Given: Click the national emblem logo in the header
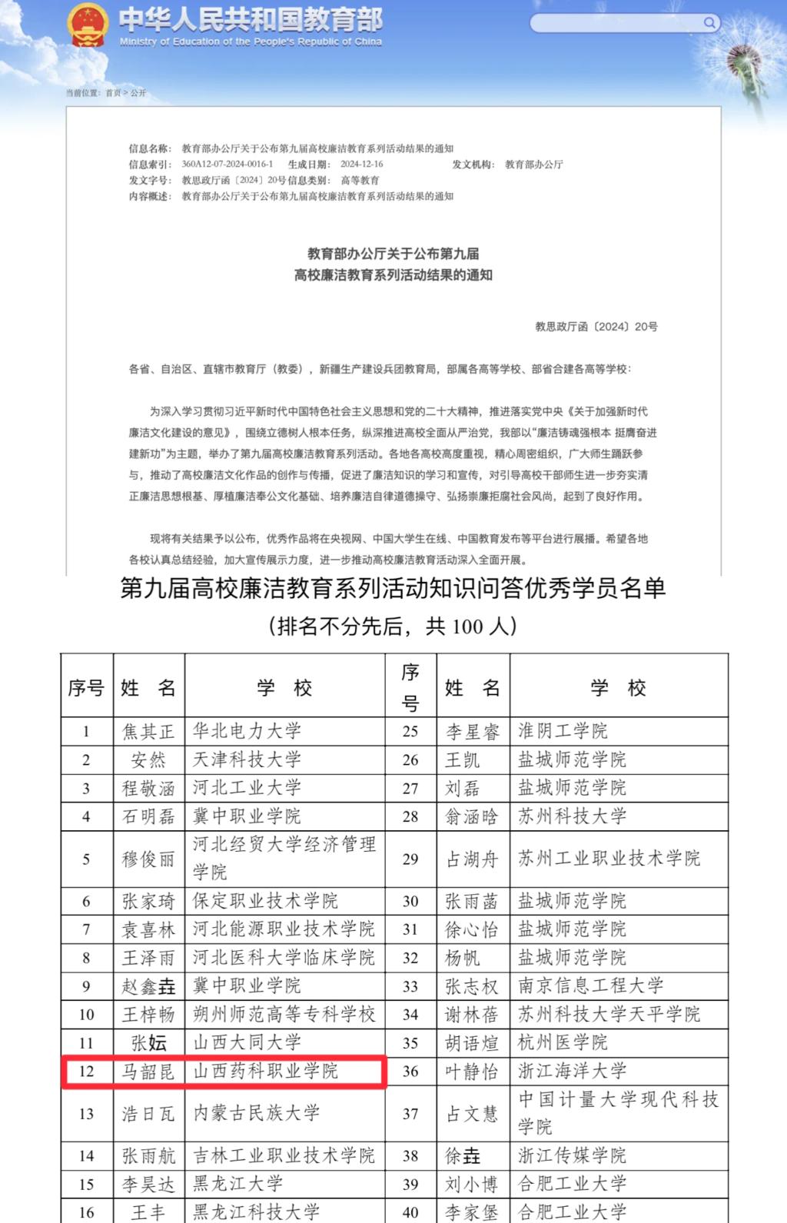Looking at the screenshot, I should pos(87,25).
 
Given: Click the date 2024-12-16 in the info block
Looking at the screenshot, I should pos(361,165).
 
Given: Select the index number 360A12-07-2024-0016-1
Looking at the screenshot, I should pos(227,165).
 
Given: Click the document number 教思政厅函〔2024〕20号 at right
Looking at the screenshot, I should pos(596,326).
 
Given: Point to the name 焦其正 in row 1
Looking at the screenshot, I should pos(148,731).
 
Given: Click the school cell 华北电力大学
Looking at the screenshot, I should pos(247,731).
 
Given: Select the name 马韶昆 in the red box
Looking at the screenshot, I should pos(148,1071).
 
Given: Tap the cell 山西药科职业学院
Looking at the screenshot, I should pos(265,1071).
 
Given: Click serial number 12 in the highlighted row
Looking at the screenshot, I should pos(86,1071).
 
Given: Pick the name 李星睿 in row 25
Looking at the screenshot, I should pos(473,731).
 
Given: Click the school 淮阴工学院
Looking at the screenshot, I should pos(563,731).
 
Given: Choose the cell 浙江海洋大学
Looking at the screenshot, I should pos(572,1071).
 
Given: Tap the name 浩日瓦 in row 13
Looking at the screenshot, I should pos(148,1113).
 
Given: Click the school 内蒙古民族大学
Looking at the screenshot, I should pos(256,1113).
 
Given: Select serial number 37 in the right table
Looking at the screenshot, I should pos(410,1113).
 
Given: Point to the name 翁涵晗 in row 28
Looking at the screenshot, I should pos(473,816).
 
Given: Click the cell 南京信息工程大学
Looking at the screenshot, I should pos(590,985).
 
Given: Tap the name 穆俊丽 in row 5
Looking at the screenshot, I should pos(148,859).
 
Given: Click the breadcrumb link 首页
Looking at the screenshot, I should pos(113,93).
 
